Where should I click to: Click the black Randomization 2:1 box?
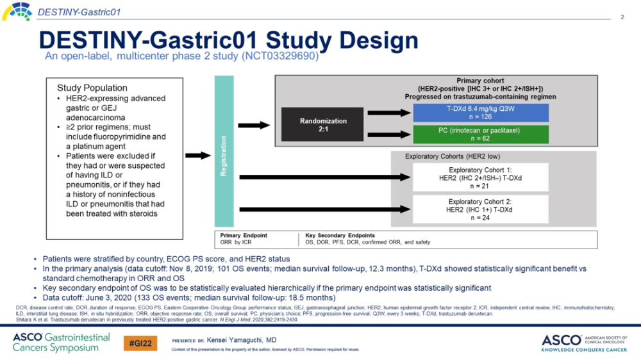point(324,124)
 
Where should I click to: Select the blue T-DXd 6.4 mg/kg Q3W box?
point(481,113)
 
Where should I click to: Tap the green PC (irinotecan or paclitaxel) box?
point(481,135)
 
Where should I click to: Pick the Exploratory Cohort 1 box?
point(481,177)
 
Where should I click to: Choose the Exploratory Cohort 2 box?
point(481,209)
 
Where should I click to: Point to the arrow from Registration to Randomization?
point(257,125)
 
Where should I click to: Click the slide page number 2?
point(622,17)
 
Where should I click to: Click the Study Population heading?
point(92,88)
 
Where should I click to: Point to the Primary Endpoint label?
point(244,235)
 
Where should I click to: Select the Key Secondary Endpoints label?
point(340,235)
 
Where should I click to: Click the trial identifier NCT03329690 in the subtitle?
point(279,56)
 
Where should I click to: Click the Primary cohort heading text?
point(481,80)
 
